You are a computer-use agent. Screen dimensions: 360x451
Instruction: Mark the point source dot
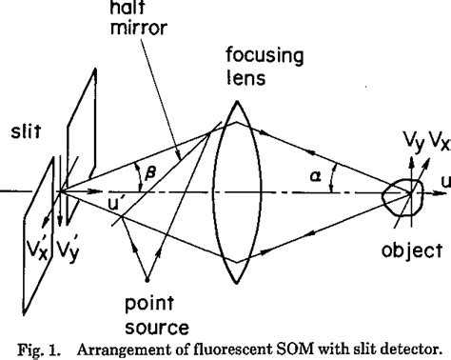coord(146,280)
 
